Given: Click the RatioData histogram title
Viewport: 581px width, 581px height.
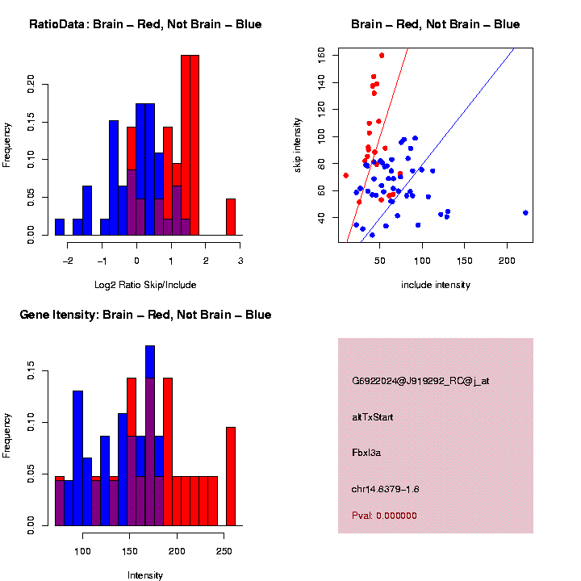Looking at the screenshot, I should (x=145, y=24).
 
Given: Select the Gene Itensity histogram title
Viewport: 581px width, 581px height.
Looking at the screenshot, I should (x=145, y=315).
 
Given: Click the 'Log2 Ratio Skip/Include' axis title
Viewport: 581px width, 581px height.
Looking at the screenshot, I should (x=145, y=285).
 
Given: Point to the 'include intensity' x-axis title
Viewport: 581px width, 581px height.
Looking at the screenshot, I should (x=436, y=285).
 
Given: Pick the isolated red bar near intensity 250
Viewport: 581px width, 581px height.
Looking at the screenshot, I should (x=231, y=476).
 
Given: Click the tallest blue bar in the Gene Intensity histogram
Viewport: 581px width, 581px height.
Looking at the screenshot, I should (x=150, y=436).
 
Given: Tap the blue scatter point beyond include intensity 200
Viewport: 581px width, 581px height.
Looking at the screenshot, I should (x=525, y=213).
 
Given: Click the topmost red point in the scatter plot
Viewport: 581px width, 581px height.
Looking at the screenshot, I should (x=382, y=56).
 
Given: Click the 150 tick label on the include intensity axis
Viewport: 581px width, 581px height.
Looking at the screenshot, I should (x=465, y=261).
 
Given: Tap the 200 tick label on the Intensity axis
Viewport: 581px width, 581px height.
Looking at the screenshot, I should (x=177, y=551).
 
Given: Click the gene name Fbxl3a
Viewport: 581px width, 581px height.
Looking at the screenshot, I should (x=366, y=454).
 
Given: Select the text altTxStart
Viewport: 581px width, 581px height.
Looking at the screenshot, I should (x=372, y=417).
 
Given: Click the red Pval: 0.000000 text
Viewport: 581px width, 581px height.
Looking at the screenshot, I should (x=384, y=516).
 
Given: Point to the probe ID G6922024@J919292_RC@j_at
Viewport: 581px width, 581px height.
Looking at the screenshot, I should (x=420, y=381).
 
